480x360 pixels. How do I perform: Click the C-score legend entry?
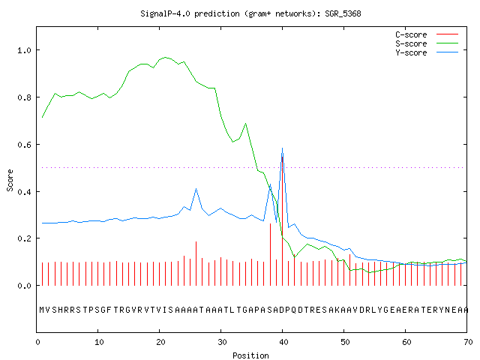click(427, 34)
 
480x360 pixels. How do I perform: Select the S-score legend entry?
click(427, 43)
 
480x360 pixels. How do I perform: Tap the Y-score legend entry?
click(427, 52)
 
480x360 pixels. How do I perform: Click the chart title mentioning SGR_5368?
click(250, 13)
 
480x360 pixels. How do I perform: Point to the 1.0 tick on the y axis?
click(24, 50)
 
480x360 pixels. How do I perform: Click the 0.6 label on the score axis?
click(24, 145)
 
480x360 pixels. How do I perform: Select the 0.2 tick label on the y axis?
click(24, 238)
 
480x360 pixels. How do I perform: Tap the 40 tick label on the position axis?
click(283, 342)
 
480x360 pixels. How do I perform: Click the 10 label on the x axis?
click(99, 342)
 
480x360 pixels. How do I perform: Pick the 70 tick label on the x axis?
click(468, 342)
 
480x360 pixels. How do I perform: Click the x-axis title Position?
click(250, 355)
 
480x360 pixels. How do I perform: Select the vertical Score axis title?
click(10, 180)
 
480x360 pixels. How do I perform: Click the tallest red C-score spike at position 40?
click(282, 221)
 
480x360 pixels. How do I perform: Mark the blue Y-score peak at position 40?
click(282, 148)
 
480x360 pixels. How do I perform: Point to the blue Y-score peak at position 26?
click(196, 189)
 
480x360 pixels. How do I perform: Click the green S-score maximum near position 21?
click(165, 57)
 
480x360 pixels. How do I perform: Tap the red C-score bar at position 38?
click(270, 254)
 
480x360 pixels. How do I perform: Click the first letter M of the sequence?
click(42, 310)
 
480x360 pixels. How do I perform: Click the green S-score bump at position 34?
click(245, 124)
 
